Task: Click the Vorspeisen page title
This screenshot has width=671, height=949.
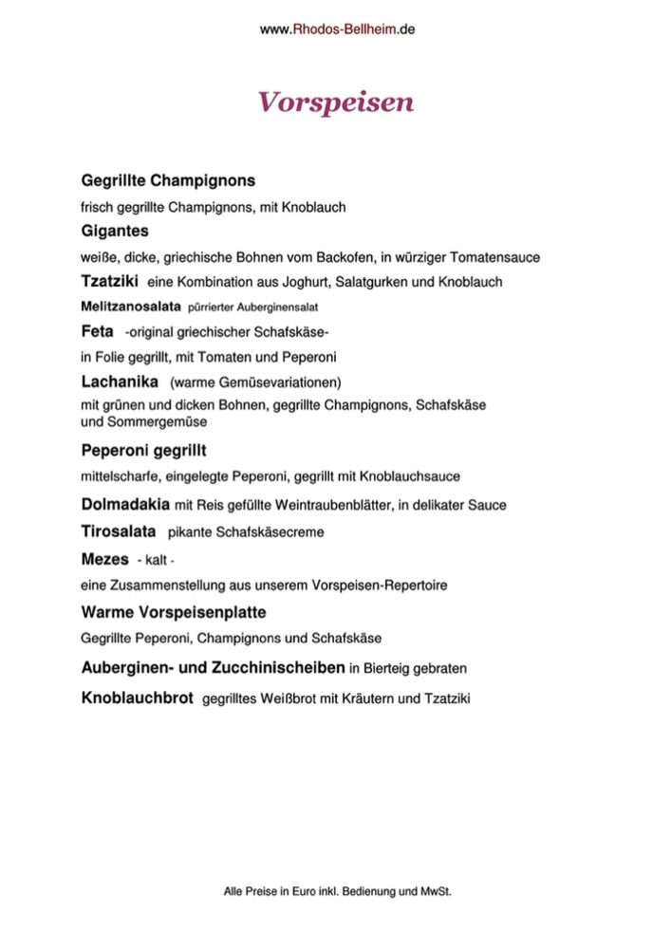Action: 336,102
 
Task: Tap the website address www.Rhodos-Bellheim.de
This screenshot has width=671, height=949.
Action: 337,29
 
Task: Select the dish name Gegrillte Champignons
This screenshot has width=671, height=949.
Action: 169,179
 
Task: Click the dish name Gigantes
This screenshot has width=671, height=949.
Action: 116,231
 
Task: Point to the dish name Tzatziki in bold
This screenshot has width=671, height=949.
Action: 111,281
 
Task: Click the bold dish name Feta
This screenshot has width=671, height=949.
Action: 98,331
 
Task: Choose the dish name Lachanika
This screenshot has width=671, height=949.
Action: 120,382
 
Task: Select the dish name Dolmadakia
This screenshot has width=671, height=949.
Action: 126,503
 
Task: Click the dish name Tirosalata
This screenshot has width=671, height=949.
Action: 119,531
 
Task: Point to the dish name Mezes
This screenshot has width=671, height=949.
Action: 104,559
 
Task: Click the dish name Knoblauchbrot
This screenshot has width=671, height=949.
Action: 138,698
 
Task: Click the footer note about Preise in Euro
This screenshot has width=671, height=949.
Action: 336,892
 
